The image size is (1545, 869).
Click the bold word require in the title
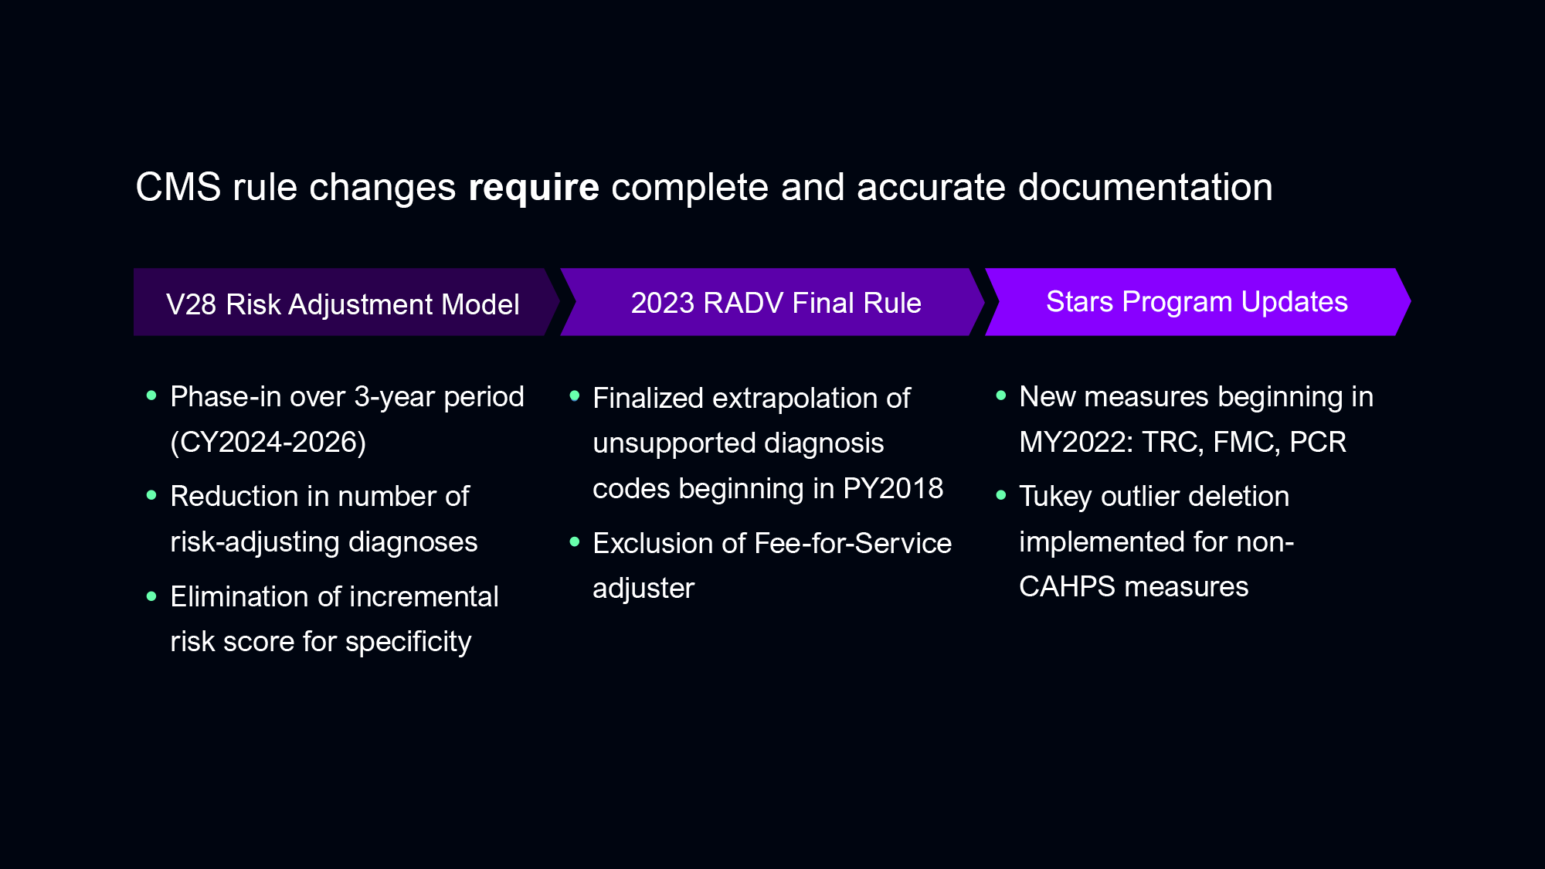pos(534,188)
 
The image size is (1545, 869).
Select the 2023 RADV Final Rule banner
pos(772,302)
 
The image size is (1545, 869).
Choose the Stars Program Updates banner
pos(1198,302)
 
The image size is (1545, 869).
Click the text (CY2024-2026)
pos(268,442)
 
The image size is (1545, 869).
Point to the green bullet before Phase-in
pos(151,395)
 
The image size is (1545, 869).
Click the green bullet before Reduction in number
pos(151,495)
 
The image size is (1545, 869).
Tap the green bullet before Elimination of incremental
pos(151,596)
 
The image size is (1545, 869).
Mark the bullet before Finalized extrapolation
pos(574,396)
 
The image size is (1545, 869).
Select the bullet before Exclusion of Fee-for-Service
pos(574,541)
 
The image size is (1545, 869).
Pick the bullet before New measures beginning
pos(1001,395)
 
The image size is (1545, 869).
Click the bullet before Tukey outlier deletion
pos(1001,495)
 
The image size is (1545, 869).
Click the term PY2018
pos(893,488)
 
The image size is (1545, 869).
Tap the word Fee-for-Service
pos(853,543)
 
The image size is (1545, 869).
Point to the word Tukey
pos(1055,497)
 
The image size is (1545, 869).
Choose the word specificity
pos(408,642)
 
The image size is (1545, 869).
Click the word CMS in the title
pos(178,188)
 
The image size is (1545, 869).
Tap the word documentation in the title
pos(1146,188)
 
